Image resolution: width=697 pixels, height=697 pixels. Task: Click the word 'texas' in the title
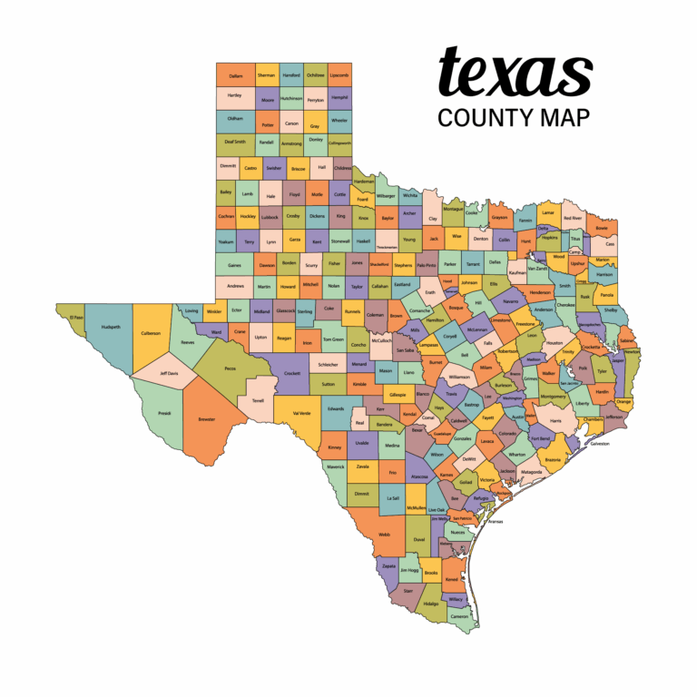coord(514,74)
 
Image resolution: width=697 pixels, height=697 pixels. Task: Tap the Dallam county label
coord(236,75)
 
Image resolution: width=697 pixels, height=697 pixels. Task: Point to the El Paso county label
coord(76,318)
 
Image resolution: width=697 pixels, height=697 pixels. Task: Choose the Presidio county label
coord(164,413)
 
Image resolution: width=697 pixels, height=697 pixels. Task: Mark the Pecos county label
coord(229,368)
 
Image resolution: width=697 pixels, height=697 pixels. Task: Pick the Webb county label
coord(384,535)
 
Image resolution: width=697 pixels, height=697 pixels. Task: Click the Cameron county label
coord(459,615)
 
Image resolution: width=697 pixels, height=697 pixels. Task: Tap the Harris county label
coord(555,421)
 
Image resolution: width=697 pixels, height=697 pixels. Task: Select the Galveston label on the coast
coord(600,444)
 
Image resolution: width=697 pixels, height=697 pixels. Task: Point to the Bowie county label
coord(602,227)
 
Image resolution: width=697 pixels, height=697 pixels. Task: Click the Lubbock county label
coord(270,217)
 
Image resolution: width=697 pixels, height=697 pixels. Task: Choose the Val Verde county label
coord(302,413)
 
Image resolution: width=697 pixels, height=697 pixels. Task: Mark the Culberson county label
coord(151,333)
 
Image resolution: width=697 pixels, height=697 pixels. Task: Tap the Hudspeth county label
coord(111,327)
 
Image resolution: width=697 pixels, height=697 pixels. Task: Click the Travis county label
coord(451,394)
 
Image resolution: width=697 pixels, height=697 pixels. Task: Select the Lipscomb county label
coord(339,75)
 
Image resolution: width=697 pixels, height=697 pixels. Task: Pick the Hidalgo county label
coord(430,603)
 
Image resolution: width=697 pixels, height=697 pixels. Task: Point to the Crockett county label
coord(292,373)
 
